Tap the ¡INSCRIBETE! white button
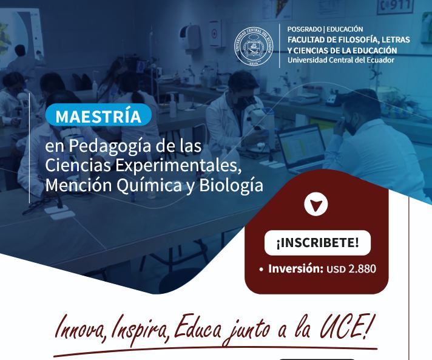(318, 243)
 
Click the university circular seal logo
(254, 46)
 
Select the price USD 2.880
(351, 269)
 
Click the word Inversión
(295, 268)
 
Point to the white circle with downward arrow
(316, 205)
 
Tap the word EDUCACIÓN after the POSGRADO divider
(345, 29)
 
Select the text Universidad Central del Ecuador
(341, 60)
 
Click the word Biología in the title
(231, 186)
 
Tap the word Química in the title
(149, 185)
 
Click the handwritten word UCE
(344, 328)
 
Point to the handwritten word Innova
(80, 330)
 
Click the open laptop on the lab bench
(302, 149)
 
